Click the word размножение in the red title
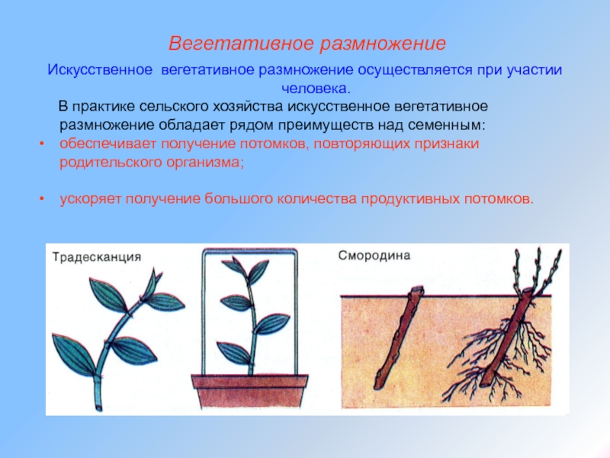click(383, 44)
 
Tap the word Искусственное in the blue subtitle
click(100, 69)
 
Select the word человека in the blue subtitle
click(316, 89)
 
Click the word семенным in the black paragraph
click(447, 125)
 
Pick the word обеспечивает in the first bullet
click(108, 144)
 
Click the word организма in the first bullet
click(205, 162)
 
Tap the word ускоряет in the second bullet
click(91, 199)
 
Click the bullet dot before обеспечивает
click(42, 144)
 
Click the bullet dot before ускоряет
click(42, 199)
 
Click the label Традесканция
click(97, 257)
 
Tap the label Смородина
click(374, 256)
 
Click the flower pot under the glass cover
click(250, 392)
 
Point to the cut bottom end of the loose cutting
click(99, 408)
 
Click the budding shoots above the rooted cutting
click(539, 271)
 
